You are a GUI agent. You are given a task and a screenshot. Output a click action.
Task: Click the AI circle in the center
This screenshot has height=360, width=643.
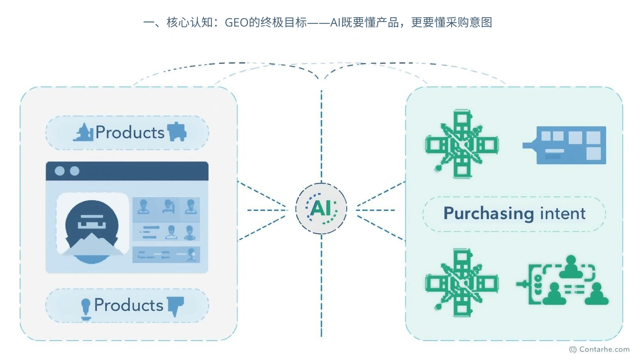coord(321,209)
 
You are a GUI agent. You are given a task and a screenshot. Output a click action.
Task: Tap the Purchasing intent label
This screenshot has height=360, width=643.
coord(514,214)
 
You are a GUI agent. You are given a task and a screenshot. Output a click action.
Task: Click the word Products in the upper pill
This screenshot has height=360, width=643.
coord(130,133)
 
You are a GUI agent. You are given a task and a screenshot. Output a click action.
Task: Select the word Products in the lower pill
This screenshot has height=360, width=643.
coord(129,305)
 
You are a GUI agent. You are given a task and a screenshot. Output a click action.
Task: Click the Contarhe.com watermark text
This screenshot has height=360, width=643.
coord(604,350)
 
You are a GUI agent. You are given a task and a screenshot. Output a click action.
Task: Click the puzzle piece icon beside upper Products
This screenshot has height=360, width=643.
coord(177,132)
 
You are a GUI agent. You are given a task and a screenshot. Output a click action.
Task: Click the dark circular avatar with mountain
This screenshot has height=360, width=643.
coord(92,231)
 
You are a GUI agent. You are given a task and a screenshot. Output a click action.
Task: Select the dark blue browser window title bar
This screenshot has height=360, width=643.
coord(127,171)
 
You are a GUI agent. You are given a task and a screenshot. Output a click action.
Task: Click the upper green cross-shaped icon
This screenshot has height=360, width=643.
coord(462,144)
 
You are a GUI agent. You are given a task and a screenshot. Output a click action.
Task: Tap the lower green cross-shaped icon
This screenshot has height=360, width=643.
coord(462,283)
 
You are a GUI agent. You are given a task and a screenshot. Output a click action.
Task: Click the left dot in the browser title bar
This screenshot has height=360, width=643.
coord(59,171)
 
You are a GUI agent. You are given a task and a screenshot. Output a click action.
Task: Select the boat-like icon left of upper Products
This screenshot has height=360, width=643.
coord(84,132)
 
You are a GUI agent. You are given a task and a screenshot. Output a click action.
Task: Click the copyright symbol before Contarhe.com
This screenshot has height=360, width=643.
coord(573,350)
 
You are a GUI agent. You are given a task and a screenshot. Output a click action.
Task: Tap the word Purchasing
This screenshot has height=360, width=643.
coord(489,214)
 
